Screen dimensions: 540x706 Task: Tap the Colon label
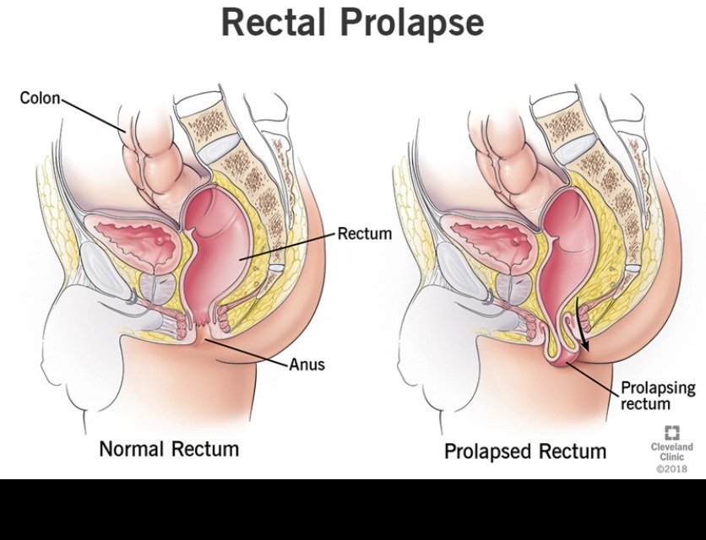click(x=40, y=99)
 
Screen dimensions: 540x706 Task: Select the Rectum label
click(x=365, y=234)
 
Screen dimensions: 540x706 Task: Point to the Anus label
click(x=307, y=364)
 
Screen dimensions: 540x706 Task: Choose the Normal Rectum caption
click(x=169, y=448)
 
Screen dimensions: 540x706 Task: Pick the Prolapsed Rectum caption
click(x=524, y=451)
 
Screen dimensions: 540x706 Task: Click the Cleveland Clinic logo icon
click(x=671, y=433)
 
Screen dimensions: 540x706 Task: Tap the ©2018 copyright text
click(x=671, y=468)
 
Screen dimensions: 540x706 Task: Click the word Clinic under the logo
click(x=671, y=456)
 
